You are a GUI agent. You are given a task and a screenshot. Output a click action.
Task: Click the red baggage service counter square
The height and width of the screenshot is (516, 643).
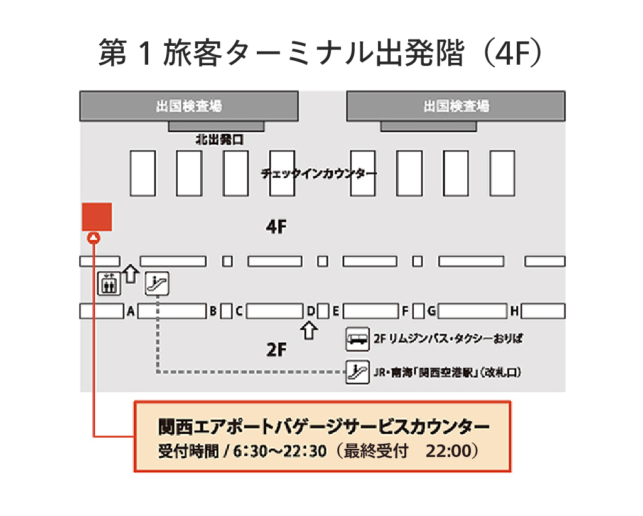(97, 217)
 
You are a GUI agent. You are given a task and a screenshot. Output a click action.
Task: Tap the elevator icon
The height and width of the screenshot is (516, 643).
(109, 283)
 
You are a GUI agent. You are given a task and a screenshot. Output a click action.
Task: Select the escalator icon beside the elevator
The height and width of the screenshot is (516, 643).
(157, 283)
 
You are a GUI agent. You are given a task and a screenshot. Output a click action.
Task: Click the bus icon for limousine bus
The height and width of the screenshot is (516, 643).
(357, 339)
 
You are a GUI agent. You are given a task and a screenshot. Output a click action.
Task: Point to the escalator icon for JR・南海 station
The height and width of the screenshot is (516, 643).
(357, 372)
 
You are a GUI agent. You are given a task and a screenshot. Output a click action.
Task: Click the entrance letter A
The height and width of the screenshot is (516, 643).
(131, 311)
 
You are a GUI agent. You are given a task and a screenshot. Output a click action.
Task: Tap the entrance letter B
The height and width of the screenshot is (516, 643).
(213, 311)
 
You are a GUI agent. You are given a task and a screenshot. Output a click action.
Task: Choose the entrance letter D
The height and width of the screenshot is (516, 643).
(311, 311)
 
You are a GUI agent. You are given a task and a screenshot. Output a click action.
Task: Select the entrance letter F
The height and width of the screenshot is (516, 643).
(405, 311)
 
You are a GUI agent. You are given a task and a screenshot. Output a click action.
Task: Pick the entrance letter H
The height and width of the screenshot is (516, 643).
(514, 311)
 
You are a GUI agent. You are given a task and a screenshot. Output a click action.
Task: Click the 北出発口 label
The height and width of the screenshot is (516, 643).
(219, 140)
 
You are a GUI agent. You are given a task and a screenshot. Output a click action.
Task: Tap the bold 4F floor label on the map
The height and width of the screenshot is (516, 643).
(276, 226)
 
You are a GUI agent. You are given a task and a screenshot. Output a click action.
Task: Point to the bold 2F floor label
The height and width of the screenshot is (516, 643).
(276, 350)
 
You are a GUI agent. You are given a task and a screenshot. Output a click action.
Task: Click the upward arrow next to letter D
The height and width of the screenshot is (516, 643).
(309, 330)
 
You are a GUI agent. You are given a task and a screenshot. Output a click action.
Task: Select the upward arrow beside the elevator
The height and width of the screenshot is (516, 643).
(131, 273)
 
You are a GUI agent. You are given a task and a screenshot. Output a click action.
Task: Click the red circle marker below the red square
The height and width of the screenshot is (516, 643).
(94, 238)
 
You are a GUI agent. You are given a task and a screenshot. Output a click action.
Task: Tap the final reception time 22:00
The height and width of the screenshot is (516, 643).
(449, 451)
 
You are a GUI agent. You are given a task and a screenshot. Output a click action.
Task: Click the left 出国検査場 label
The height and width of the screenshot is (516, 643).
(189, 106)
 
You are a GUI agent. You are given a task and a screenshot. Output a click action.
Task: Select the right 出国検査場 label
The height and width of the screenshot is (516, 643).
(456, 106)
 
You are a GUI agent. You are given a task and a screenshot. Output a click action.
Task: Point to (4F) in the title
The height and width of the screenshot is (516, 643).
(513, 53)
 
